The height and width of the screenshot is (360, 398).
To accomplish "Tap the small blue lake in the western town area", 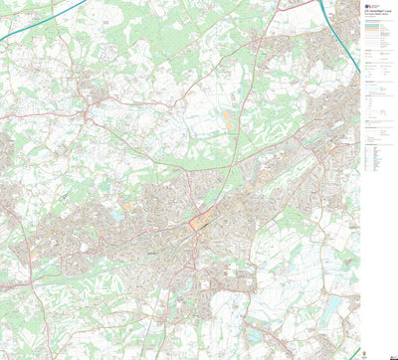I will click(x=118, y=214).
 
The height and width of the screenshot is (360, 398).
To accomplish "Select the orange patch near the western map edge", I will click(x=31, y=254).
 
